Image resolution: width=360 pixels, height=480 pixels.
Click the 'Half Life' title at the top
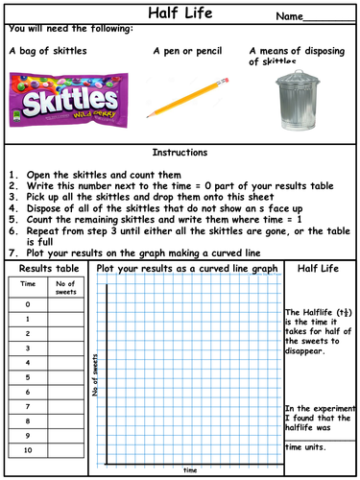click(x=180, y=14)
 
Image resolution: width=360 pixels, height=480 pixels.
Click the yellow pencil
click(x=192, y=99)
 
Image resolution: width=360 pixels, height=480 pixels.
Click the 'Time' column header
click(x=29, y=285)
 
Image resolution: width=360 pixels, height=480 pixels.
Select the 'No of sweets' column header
click(x=66, y=285)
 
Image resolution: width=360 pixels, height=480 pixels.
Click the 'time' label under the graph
click(x=190, y=470)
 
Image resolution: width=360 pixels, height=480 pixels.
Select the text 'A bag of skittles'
click(x=47, y=50)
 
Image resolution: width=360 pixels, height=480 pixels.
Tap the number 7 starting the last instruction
click(x=12, y=247)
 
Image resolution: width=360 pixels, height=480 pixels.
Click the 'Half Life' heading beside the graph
click(x=321, y=269)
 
